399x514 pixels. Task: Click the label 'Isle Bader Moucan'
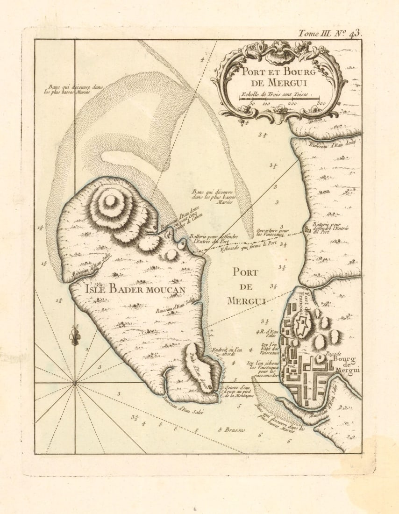[135, 289]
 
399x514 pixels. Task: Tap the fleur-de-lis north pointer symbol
[75, 336]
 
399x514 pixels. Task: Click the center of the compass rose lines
[75, 383]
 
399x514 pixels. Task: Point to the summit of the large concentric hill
[110, 200]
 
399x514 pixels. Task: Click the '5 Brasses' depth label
[232, 429]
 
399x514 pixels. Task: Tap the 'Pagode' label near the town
[333, 353]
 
